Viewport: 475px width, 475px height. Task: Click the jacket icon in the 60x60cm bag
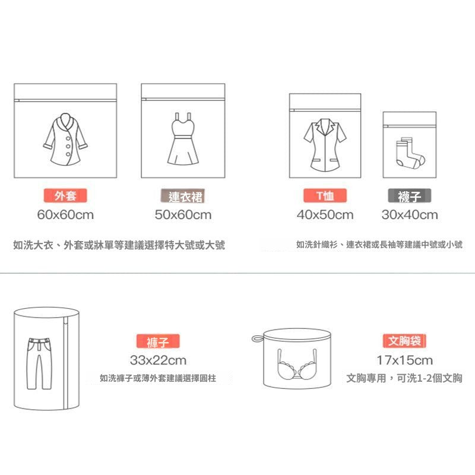[66, 140]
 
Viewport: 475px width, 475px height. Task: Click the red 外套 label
[65, 196]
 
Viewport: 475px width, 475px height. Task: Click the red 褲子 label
[158, 342]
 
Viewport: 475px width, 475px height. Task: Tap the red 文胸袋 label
[404, 341]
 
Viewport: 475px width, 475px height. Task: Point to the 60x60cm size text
[65, 215]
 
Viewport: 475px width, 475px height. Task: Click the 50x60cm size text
[183, 215]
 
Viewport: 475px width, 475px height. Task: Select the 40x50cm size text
[325, 215]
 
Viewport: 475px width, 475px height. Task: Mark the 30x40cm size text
[410, 215]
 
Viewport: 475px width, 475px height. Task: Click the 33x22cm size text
[158, 360]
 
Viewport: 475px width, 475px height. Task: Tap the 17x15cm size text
[404, 360]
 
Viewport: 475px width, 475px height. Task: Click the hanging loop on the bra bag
[256, 338]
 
